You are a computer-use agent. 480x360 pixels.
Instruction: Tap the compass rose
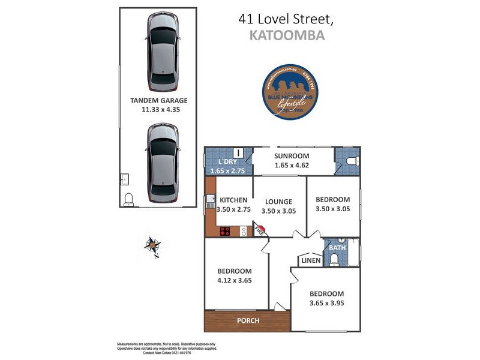click(153, 245)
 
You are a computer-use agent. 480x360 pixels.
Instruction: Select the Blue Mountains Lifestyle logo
click(290, 92)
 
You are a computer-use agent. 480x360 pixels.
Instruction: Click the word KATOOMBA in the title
click(286, 35)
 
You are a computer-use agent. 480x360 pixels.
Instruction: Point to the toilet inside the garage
click(128, 199)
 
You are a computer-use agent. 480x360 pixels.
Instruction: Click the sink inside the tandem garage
click(124, 179)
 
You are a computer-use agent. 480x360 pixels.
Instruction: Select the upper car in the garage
click(163, 52)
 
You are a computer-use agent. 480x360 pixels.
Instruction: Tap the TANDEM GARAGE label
click(158, 101)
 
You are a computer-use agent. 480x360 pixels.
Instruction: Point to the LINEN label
click(311, 260)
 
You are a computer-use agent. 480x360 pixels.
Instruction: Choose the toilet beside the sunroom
click(352, 161)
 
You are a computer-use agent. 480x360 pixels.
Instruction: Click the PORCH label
click(247, 320)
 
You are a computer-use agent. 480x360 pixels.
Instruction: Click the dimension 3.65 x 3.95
click(326, 304)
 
